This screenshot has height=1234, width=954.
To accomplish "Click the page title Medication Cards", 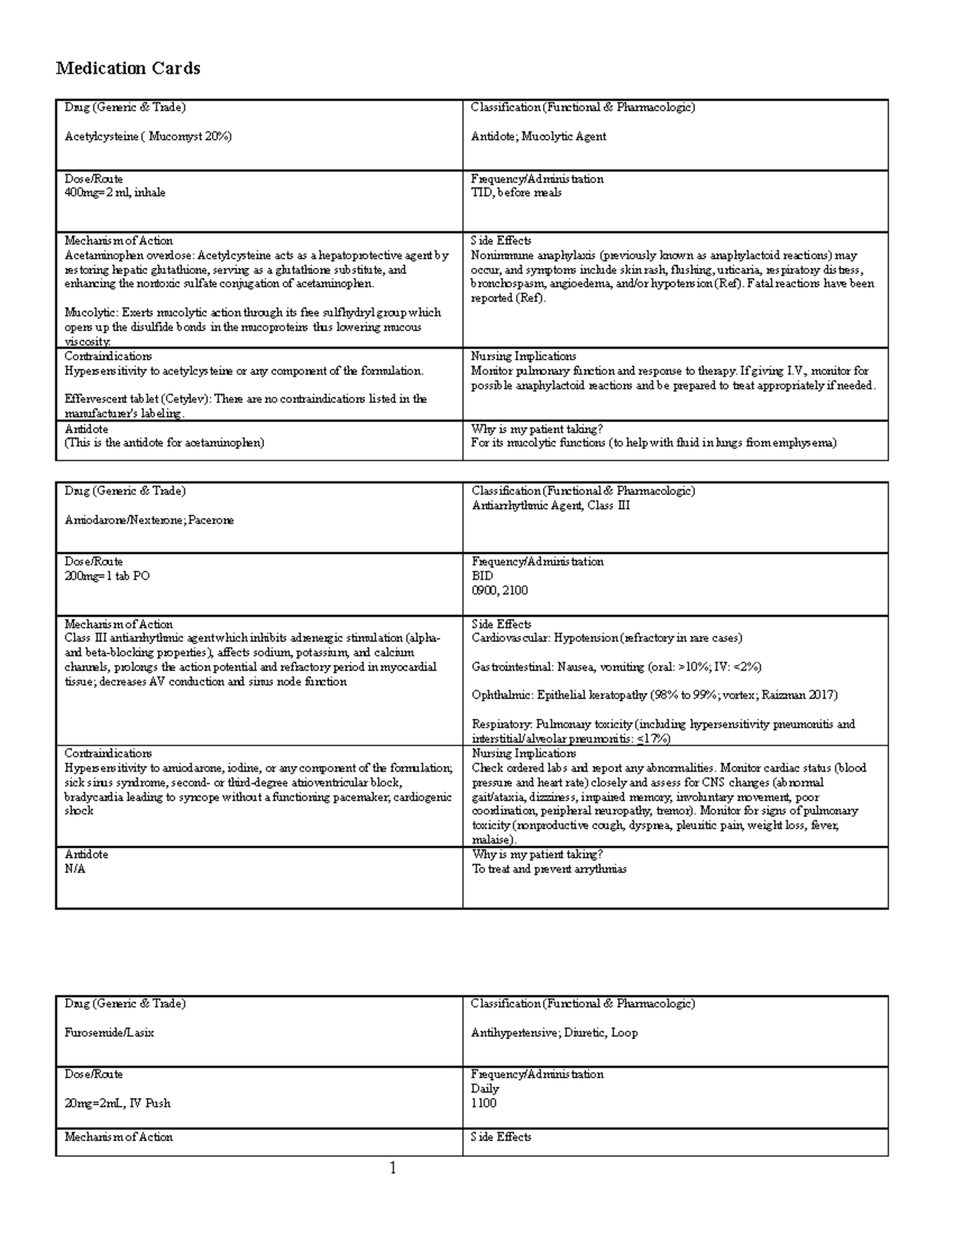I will point(127,68).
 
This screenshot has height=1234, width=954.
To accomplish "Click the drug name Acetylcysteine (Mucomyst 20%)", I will point(148,136).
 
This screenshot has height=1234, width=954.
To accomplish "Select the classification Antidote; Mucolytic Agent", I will point(538,136).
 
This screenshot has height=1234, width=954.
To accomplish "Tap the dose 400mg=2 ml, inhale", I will point(114,192).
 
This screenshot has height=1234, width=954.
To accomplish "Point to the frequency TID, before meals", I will point(516,192).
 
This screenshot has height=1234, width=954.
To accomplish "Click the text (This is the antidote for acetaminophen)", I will point(164,443).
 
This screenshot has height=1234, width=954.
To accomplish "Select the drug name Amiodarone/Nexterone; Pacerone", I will point(149,520).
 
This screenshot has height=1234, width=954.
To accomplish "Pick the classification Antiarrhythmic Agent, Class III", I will point(550,505).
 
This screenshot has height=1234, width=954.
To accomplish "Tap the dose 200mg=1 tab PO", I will point(107,576).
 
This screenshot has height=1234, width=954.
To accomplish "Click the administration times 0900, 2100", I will point(499,590).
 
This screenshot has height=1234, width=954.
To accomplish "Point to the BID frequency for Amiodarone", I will point(482,576).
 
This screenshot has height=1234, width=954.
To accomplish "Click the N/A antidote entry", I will point(75,868).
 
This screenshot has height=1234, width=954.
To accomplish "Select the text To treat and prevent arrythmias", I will point(549,868).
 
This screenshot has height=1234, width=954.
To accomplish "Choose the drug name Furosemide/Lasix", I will point(109,1033).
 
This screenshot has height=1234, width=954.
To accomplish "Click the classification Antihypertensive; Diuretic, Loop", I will point(554,1033).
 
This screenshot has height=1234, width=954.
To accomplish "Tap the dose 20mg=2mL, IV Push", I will point(117,1103).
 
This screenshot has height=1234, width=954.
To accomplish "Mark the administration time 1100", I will point(483,1103).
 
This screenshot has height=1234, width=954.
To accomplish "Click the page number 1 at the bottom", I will point(392,1168).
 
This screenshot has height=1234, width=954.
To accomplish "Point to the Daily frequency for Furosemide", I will point(485,1089).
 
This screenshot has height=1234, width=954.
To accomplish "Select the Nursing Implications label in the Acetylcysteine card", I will point(523,356).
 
